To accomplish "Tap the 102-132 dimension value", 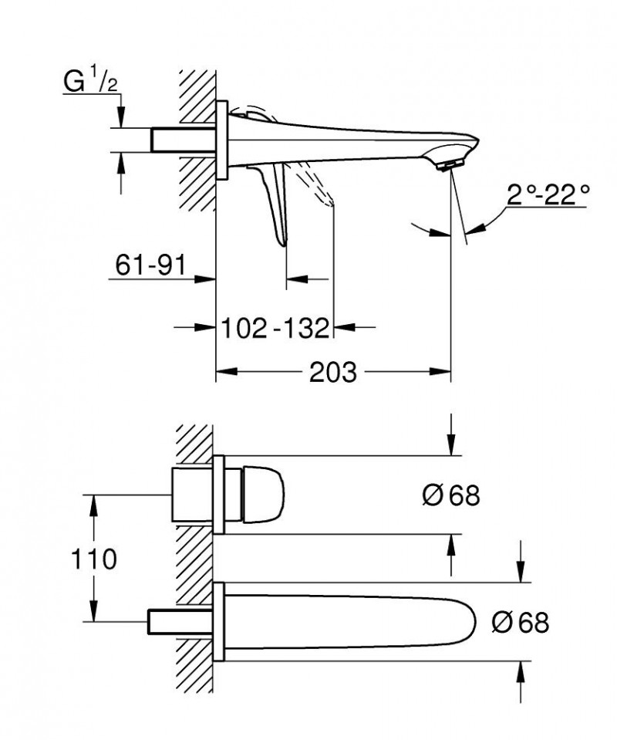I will click(x=275, y=328).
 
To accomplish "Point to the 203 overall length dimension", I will click(x=333, y=373).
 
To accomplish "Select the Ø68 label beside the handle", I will click(x=450, y=495).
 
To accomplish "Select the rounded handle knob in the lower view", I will click(x=265, y=494).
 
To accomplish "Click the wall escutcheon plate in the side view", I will click(x=221, y=140).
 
